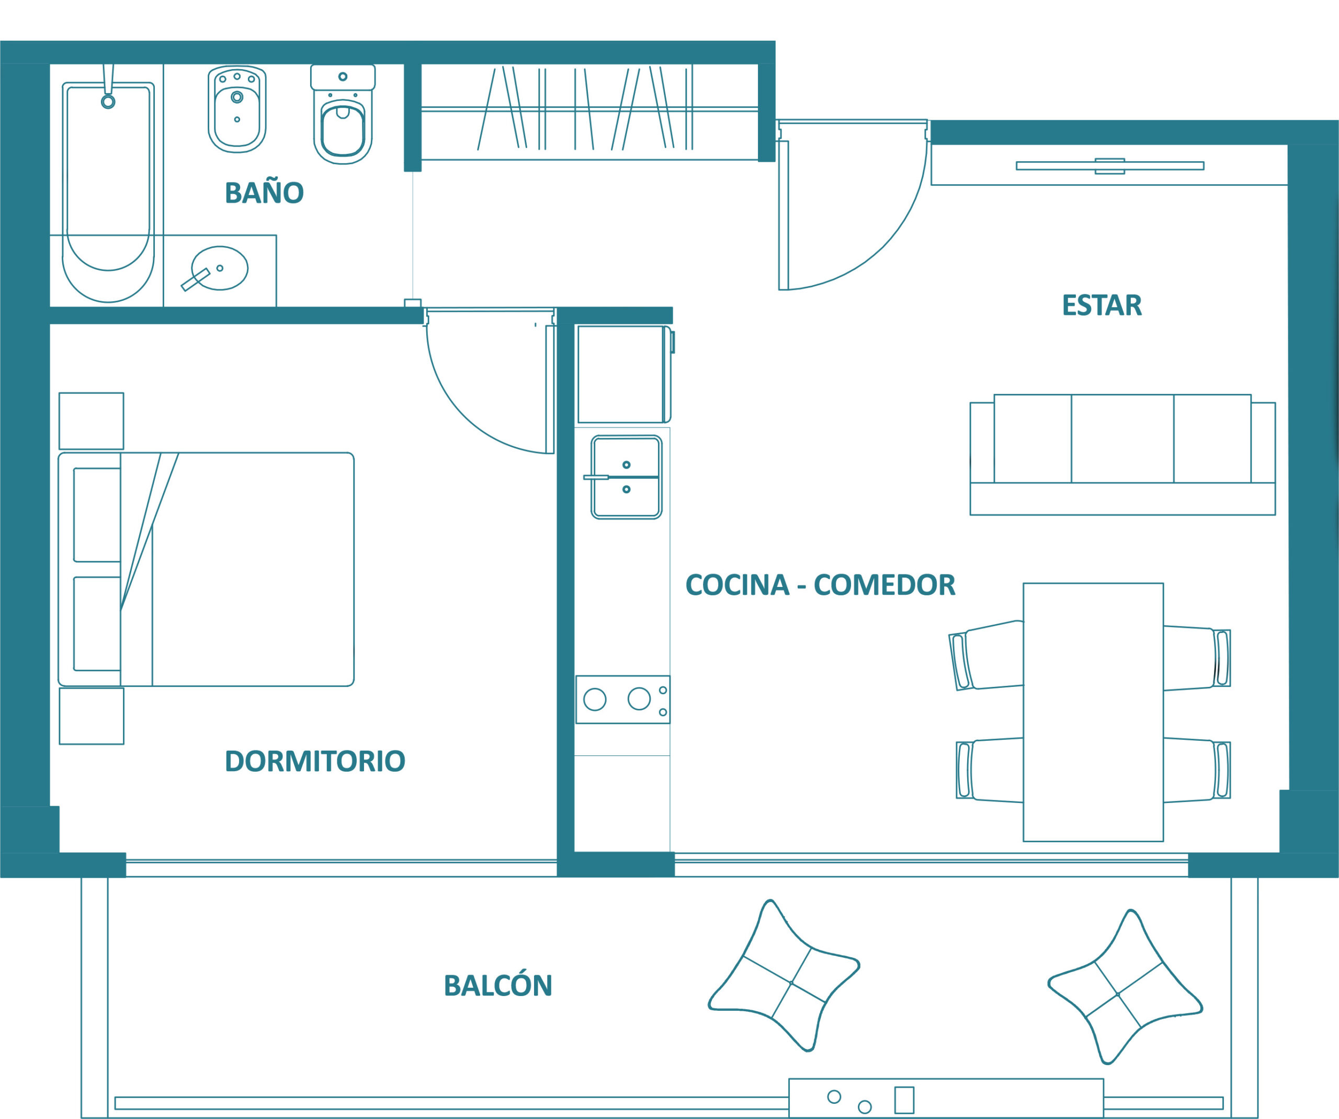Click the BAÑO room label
(x=264, y=192)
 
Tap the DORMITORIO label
(x=315, y=761)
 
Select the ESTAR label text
(x=1102, y=305)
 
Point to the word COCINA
(x=737, y=585)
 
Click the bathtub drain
(x=108, y=101)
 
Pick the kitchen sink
(x=626, y=477)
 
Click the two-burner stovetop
(x=623, y=699)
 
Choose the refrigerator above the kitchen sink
(x=623, y=374)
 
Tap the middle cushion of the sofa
(x=1122, y=439)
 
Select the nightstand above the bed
(x=91, y=421)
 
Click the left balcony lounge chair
(x=784, y=976)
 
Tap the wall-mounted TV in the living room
(x=1109, y=166)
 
